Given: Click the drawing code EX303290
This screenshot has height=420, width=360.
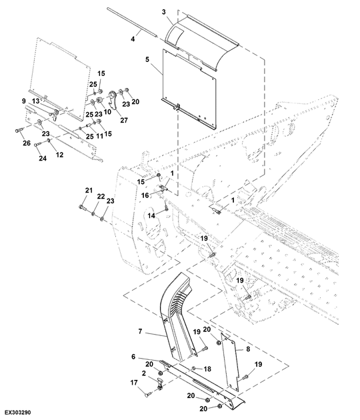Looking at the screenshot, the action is pos(18,412).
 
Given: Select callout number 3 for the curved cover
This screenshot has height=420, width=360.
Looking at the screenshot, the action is pos(163,12).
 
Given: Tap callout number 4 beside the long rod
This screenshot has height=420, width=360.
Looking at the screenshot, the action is pos(133,39).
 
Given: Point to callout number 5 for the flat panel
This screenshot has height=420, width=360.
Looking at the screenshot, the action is pos(147,59).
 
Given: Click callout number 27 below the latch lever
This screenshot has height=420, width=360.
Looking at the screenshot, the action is pos(124,120).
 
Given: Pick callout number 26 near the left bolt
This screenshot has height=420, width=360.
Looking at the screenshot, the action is pos(27,143).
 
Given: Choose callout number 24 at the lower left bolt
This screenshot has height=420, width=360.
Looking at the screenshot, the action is pos(43,158).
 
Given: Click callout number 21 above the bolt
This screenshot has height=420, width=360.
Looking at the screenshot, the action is pos(89,191).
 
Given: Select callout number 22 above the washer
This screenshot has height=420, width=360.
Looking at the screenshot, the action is pos(101,197).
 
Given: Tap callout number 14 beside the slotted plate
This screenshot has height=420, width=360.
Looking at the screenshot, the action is pos(151,215).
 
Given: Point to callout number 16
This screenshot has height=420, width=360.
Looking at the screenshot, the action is pos(145,195).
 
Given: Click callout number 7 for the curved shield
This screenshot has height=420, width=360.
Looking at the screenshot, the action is pos(140,331).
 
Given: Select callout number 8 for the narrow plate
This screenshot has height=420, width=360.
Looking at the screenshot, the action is pos(248,349).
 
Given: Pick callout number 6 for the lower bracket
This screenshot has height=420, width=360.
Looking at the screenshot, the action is pos(133,357).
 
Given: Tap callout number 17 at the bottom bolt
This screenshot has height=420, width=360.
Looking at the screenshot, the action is pos(134,383).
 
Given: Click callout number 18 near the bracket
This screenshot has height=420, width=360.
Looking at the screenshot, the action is pos(207,369).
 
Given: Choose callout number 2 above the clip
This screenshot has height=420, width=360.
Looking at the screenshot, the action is pos(144,373).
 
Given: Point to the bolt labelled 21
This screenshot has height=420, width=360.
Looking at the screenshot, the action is pos(82,207).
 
